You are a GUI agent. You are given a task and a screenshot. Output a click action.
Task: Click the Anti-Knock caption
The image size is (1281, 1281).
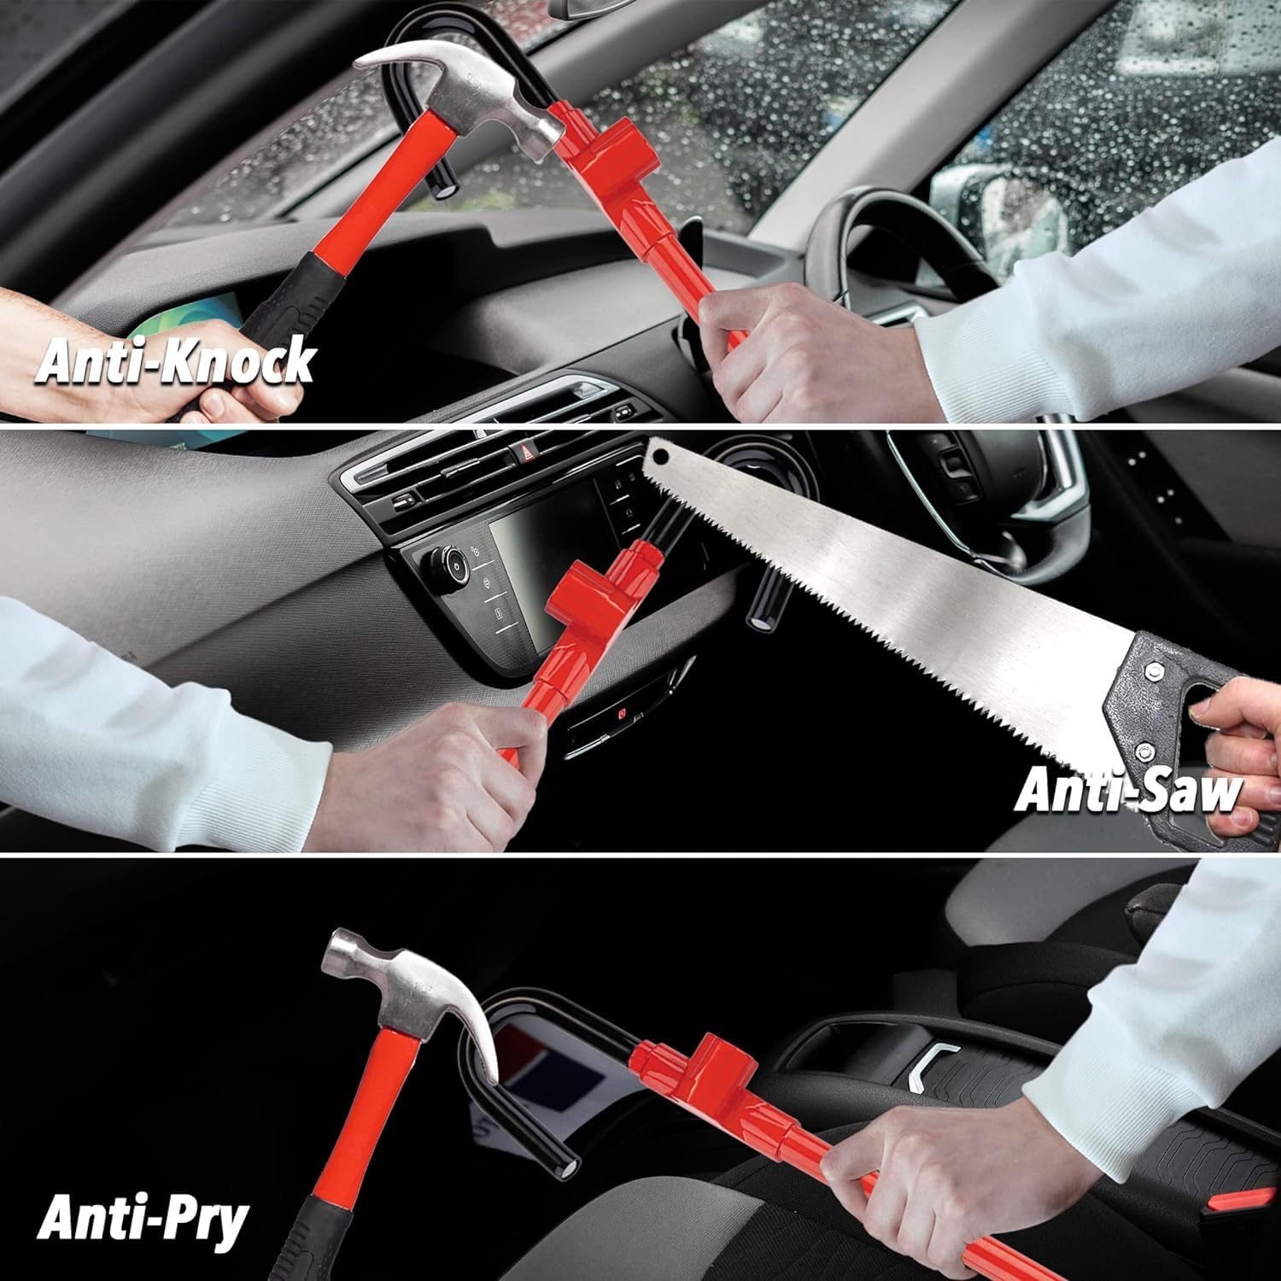tap(175, 361)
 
